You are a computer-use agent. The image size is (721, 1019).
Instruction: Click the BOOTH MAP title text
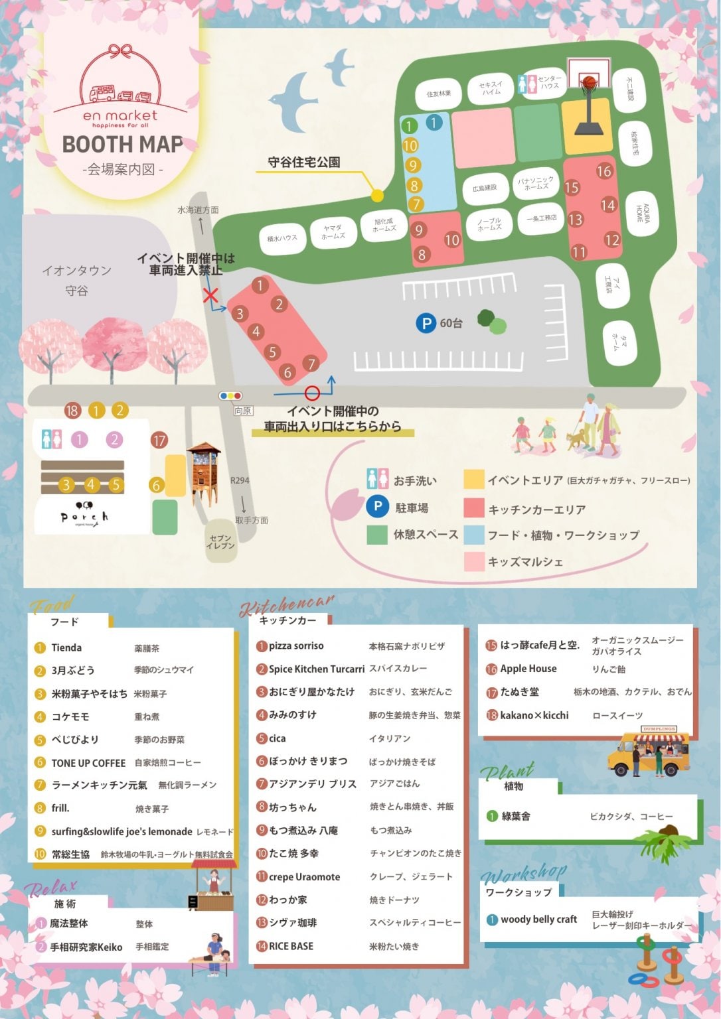[x=122, y=144]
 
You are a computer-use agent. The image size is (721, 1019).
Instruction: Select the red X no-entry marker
[x=211, y=295]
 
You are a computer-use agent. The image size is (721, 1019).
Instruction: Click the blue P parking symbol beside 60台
[x=425, y=323]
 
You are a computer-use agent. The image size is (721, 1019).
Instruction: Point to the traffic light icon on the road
[x=230, y=396]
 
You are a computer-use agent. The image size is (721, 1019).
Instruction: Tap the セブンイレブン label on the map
[x=220, y=541]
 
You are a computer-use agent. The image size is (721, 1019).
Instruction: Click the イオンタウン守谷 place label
[x=76, y=280]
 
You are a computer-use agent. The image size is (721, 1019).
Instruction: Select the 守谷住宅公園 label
[x=304, y=162]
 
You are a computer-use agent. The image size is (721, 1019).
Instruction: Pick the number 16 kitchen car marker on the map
[x=603, y=171]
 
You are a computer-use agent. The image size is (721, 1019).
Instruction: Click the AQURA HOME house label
[x=641, y=214]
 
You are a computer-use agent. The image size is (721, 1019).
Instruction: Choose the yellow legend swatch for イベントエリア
[x=474, y=480]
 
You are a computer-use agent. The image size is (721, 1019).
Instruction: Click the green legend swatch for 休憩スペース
[x=377, y=535]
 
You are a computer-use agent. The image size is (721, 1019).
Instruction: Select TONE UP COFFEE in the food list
[x=88, y=763]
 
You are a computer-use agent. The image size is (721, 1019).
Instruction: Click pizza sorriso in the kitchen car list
[x=296, y=646]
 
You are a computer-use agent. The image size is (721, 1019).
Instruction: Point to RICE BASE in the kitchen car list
[x=291, y=946]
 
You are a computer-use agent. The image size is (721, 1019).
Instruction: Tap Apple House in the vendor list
[x=528, y=669]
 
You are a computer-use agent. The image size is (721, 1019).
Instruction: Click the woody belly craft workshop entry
[x=538, y=919]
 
